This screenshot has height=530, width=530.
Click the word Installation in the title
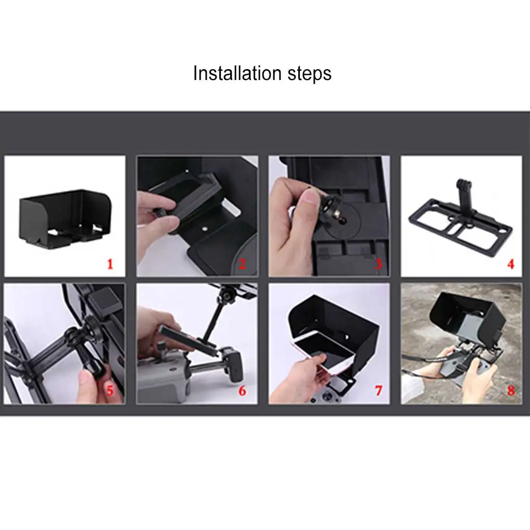(x=237, y=73)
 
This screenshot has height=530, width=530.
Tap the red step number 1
(x=110, y=264)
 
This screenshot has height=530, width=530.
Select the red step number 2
(x=242, y=264)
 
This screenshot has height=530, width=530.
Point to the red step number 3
(x=379, y=264)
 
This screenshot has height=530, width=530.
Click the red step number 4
(x=511, y=264)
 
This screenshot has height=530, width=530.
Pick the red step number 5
(x=110, y=391)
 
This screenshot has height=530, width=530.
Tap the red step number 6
(x=242, y=391)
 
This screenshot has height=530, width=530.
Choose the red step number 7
(x=379, y=391)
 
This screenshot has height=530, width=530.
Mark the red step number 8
(x=511, y=391)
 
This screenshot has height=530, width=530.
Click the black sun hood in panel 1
(x=65, y=218)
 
